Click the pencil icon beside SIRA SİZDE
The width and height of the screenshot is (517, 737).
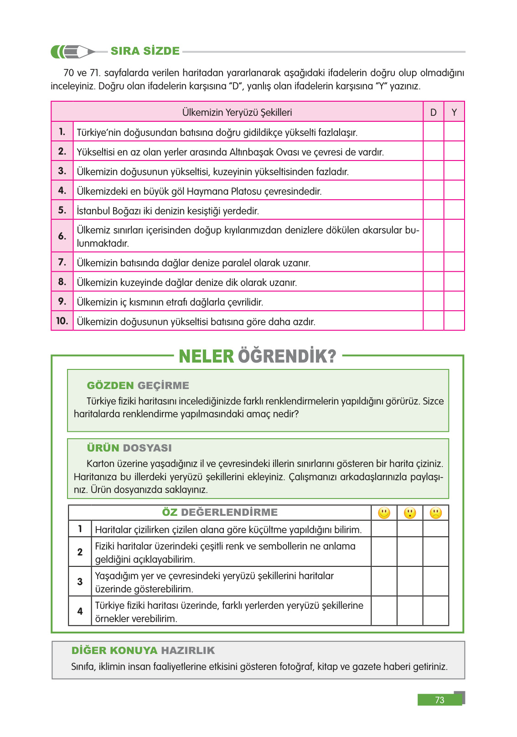pyautogui.click(x=73, y=52)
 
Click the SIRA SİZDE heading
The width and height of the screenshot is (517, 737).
pyautogui.click(x=145, y=51)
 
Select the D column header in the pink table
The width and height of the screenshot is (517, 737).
pyautogui.click(x=433, y=112)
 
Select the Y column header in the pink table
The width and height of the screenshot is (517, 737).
pyautogui.click(x=454, y=112)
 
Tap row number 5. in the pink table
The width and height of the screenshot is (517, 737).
pyautogui.click(x=62, y=210)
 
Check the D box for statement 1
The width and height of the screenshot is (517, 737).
pyautogui.click(x=433, y=132)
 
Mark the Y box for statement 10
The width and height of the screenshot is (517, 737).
pyautogui.click(x=454, y=321)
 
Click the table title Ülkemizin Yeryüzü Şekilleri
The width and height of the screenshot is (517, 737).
pyautogui.click(x=237, y=112)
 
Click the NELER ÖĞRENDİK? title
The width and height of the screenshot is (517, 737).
pyautogui.click(x=257, y=356)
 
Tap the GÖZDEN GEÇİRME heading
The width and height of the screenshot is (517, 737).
pyautogui.click(x=138, y=385)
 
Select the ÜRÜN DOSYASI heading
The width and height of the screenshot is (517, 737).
pyautogui.click(x=129, y=448)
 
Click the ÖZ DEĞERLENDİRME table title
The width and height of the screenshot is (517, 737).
pyautogui.click(x=220, y=512)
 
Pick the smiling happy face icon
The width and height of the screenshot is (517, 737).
pyautogui.click(x=384, y=513)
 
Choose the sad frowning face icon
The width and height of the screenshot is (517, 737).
pyautogui.click(x=436, y=513)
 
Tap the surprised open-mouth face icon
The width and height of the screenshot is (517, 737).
pyautogui.click(x=410, y=513)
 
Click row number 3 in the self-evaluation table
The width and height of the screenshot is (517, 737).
pyautogui.click(x=80, y=581)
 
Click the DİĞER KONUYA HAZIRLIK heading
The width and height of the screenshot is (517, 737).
pyautogui.click(x=143, y=650)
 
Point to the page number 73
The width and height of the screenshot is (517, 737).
pyautogui.click(x=439, y=700)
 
